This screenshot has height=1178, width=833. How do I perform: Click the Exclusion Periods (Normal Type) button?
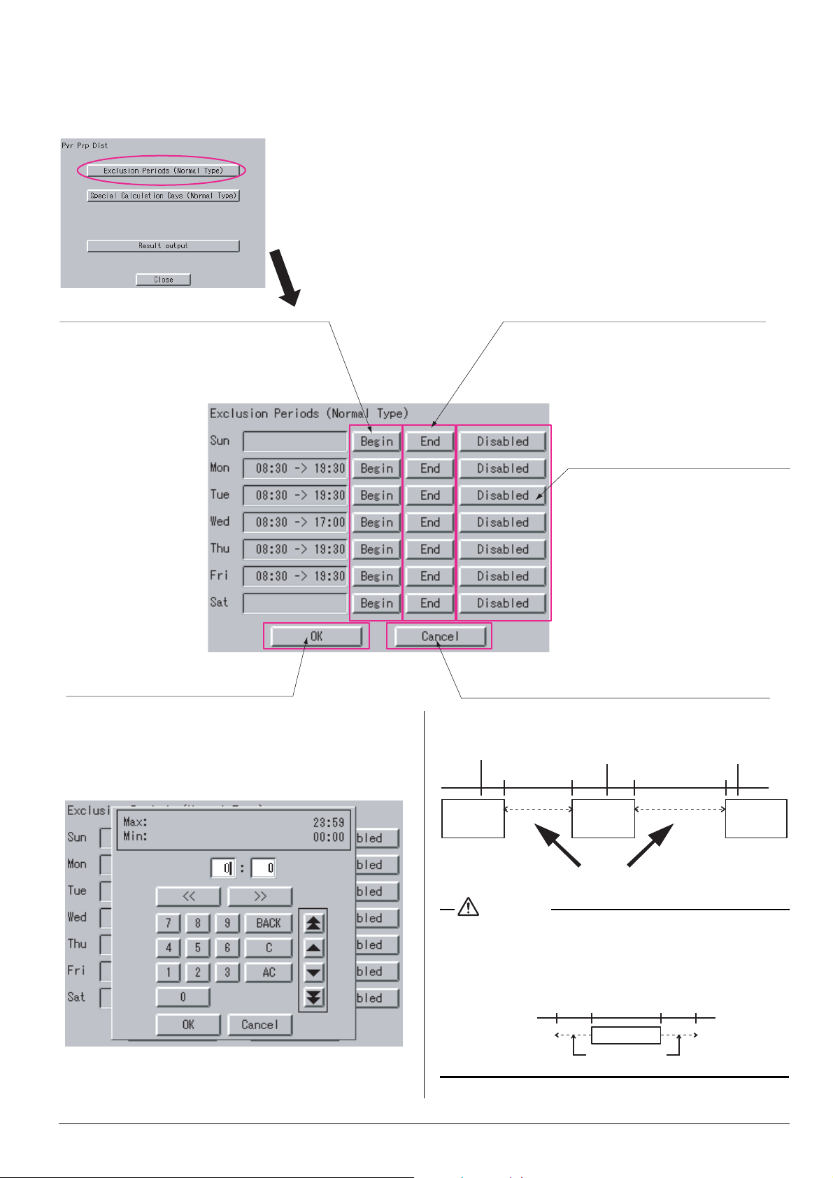coord(163,171)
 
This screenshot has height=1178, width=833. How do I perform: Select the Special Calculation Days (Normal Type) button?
coord(163,196)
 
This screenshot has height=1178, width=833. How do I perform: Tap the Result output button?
coord(163,246)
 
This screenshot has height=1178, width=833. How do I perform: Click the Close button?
coord(163,280)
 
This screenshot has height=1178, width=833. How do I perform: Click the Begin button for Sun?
coord(376,442)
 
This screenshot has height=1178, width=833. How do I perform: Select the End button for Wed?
coord(429,522)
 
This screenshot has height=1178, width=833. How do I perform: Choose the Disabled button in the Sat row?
coord(502,603)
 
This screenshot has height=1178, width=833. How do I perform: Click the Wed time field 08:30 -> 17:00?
coord(294,522)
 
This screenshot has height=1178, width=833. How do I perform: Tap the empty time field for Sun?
coord(294,442)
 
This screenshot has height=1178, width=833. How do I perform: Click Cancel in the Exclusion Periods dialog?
coord(439,637)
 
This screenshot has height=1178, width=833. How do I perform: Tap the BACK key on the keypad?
coord(268,924)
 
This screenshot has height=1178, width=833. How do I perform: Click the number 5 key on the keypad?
coord(198,948)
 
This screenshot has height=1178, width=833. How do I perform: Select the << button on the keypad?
coord(188,896)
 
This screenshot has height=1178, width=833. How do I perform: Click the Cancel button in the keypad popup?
coord(259,1025)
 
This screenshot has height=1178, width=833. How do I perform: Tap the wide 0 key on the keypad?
coord(183,997)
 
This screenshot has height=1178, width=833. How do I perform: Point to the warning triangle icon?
coord(468,907)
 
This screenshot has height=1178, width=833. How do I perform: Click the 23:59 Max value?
coord(329,823)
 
